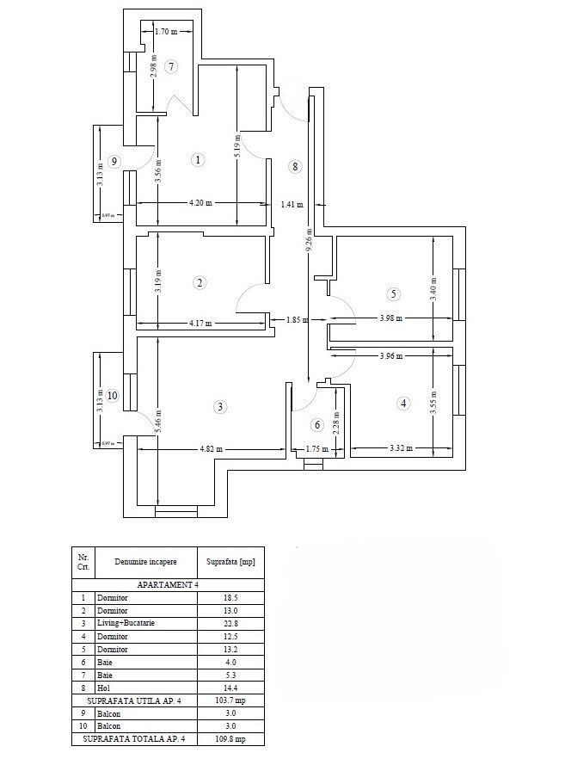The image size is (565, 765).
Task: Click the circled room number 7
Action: pos(171,66)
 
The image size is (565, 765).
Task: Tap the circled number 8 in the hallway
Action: pos(295,167)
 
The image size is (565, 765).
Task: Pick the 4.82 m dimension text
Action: pos(212,448)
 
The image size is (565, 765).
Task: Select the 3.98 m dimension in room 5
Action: pos(393,318)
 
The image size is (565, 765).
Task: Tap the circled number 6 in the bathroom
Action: pos(316,425)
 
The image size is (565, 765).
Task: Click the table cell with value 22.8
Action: pos(230,623)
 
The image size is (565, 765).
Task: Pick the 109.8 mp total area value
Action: pos(230,739)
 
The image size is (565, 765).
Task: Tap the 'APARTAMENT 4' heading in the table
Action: pos(168,584)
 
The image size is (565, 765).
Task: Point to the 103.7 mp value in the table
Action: pos(230,700)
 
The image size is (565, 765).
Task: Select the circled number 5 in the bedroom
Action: pos(393,294)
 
